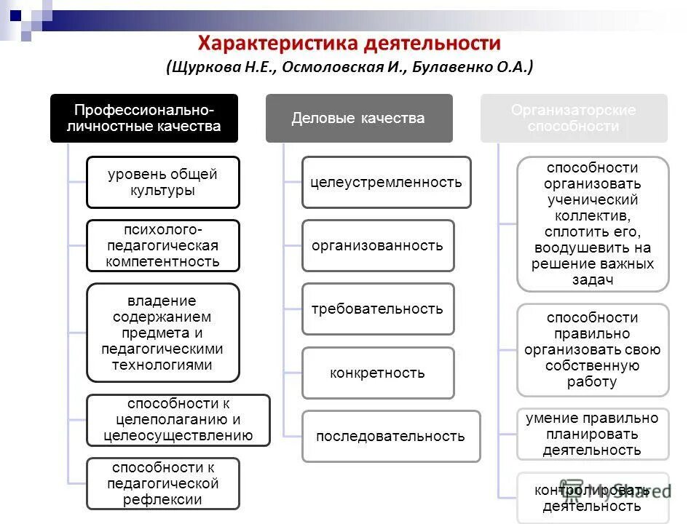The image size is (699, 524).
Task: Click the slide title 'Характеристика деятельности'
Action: tap(349, 44)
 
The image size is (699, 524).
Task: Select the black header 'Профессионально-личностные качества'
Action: tap(143, 118)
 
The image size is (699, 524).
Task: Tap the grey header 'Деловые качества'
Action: tap(358, 118)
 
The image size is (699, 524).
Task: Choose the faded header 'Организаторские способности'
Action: tap(573, 118)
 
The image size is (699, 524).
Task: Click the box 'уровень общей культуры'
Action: tap(162, 182)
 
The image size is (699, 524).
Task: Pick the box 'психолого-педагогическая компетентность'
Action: tap(162, 245)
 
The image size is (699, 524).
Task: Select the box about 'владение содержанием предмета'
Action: tap(162, 333)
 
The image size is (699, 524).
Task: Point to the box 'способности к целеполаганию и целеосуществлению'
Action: tap(178, 420)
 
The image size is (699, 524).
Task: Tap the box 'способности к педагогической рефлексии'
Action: tap(162, 483)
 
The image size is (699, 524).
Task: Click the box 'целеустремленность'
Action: tap(386, 182)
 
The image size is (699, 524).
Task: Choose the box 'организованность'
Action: tap(377, 245)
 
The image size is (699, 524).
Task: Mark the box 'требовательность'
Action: tap(377, 309)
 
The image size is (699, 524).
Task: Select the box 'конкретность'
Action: tap(377, 373)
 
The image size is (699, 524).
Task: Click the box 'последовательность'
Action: tap(390, 436)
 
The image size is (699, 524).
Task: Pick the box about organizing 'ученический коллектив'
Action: tap(592, 223)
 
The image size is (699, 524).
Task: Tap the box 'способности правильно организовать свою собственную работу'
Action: tap(592, 349)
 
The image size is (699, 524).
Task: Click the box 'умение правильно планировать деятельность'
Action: tap(592, 434)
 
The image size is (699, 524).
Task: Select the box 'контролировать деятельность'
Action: tap(592, 498)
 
